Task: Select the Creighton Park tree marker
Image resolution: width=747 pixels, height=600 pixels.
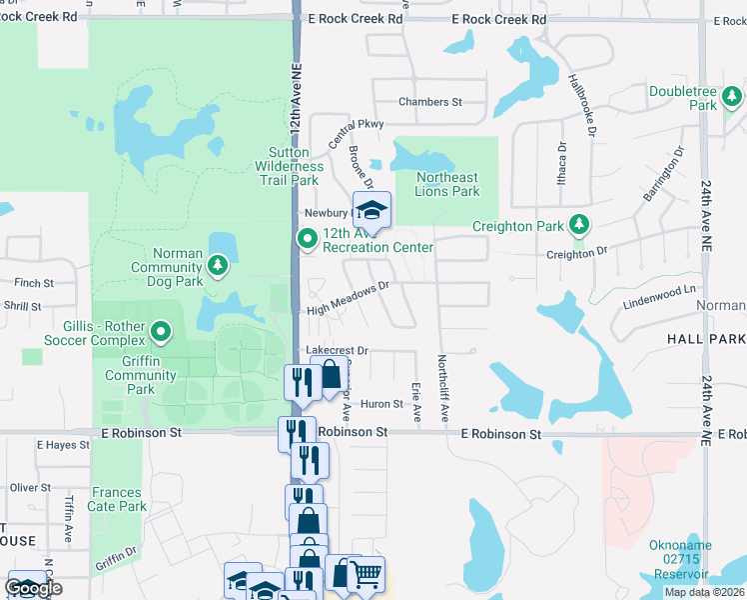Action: point(578,225)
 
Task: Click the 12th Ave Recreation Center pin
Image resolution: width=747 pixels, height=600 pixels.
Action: point(308,238)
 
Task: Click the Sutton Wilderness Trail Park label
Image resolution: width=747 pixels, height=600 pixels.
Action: point(289,166)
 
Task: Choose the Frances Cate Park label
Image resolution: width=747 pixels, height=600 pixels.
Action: point(119,499)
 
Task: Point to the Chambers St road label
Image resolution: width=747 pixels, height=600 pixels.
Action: point(430,102)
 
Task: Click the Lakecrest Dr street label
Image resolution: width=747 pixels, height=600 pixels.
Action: point(338,351)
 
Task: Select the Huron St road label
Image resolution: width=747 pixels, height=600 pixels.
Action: point(381,405)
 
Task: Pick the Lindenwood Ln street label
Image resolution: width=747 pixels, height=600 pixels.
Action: point(659,296)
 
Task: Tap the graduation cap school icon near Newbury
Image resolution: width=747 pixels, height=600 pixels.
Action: point(372,209)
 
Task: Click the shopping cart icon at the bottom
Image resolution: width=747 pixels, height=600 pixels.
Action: point(367,574)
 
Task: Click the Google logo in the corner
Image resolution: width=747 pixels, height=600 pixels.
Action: point(33,588)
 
